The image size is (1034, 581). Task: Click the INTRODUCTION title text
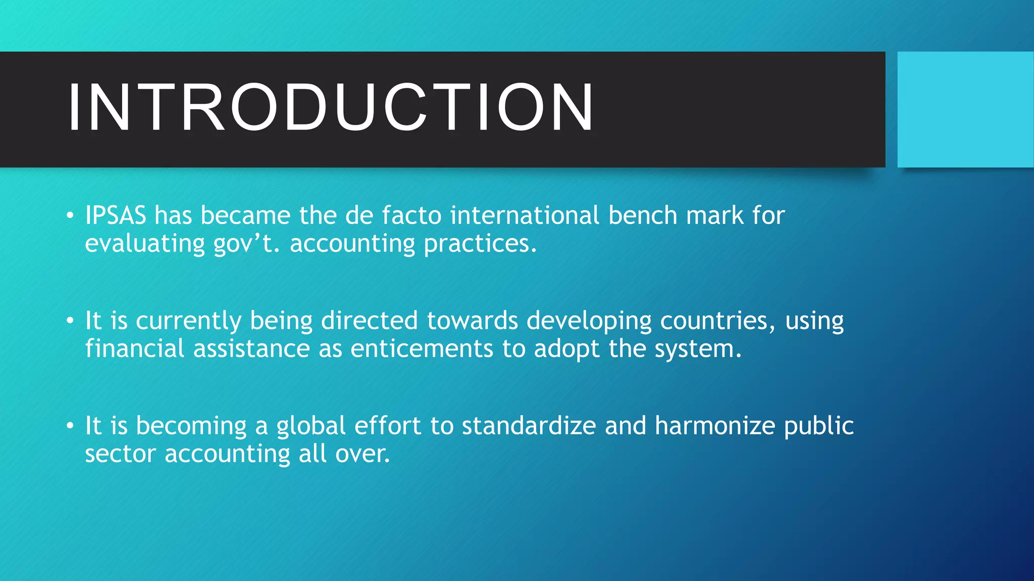click(331, 107)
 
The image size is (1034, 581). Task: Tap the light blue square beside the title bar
click(965, 109)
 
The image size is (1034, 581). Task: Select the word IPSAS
click(115, 215)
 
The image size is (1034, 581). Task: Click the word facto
click(411, 215)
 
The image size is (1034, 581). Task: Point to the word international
click(525, 215)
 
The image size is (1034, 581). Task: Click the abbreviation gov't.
click(245, 244)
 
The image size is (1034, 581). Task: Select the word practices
click(480, 244)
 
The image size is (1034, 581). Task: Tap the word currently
click(188, 321)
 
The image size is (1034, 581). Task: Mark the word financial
click(134, 348)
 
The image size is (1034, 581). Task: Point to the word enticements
click(422, 348)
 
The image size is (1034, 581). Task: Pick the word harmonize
click(714, 426)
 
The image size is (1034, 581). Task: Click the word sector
click(120, 454)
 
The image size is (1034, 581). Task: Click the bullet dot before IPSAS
click(70, 216)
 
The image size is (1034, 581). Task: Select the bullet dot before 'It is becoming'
click(70, 427)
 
